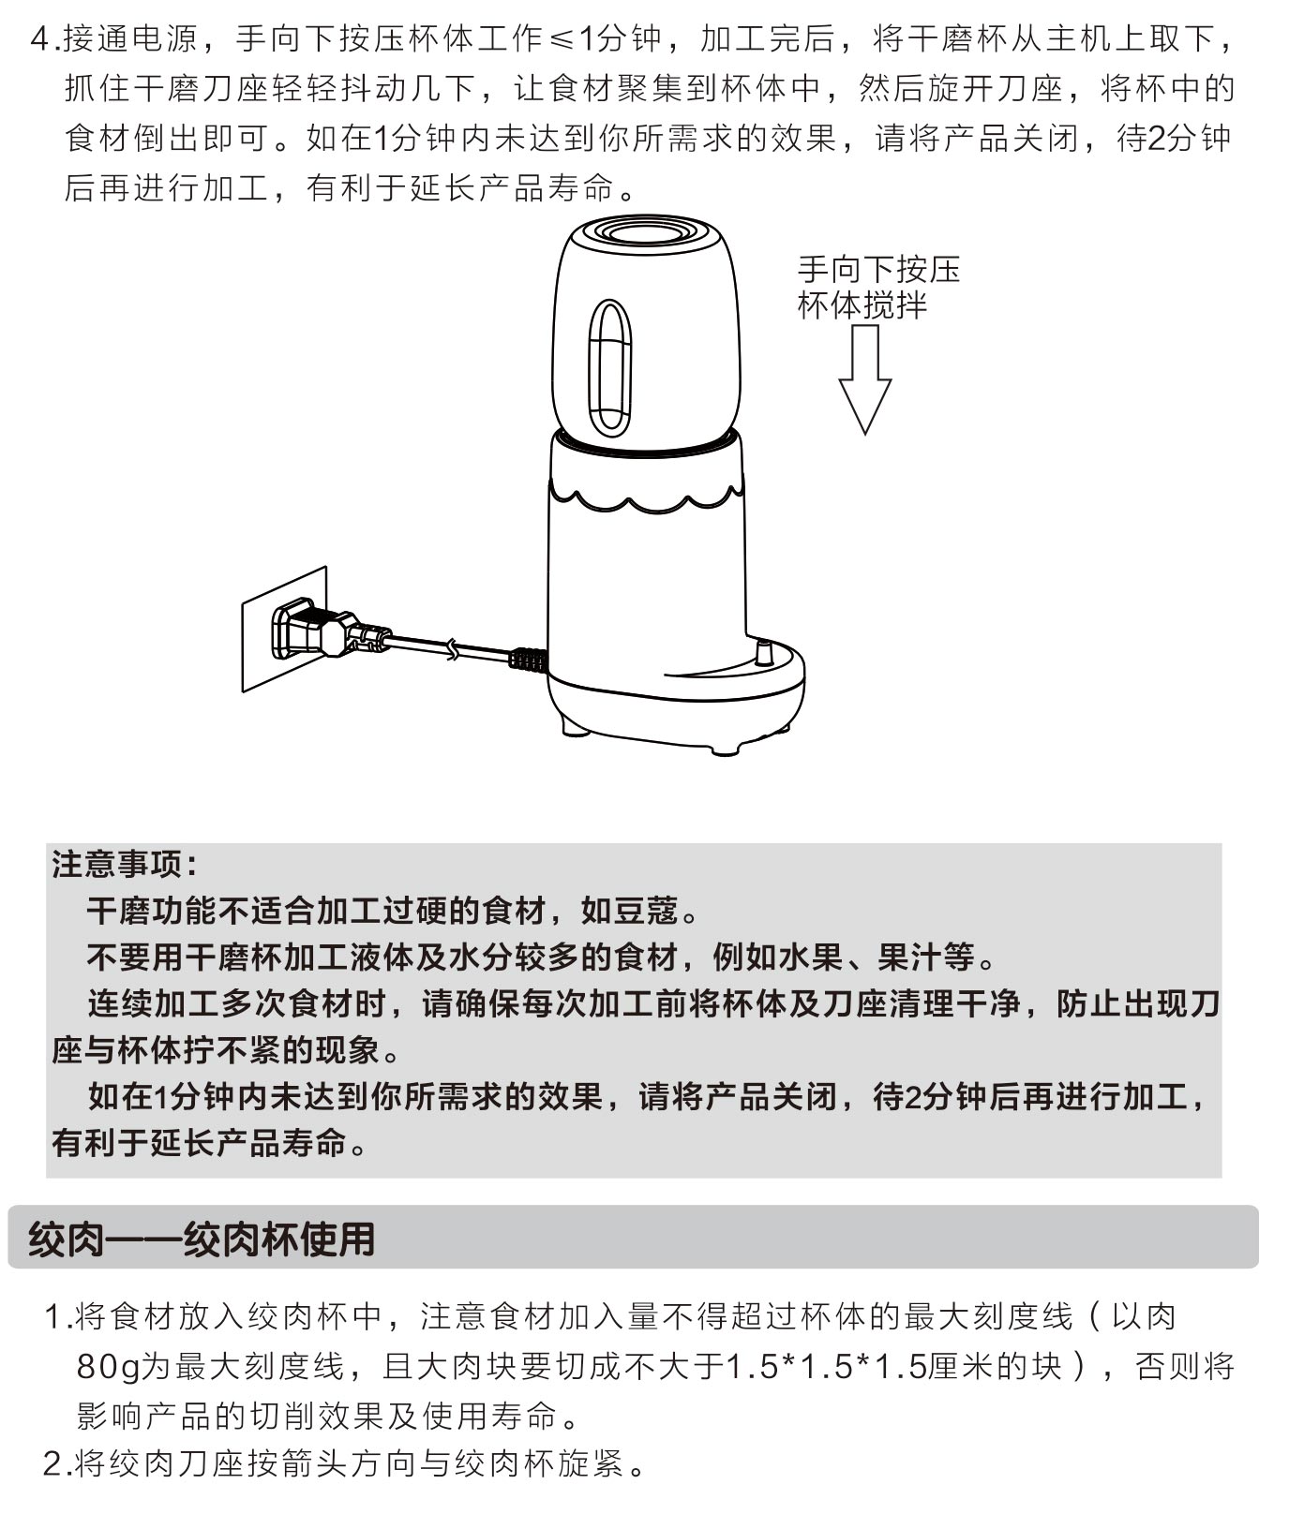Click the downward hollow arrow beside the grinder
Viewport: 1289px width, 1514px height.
click(864, 379)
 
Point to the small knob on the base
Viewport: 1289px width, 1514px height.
click(763, 652)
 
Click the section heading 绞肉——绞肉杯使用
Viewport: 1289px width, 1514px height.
click(202, 1239)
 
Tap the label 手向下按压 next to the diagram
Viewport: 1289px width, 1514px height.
click(879, 270)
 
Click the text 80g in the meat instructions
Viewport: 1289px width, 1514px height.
click(108, 1366)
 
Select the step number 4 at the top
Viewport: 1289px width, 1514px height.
click(40, 39)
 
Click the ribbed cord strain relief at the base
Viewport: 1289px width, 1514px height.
click(527, 660)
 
